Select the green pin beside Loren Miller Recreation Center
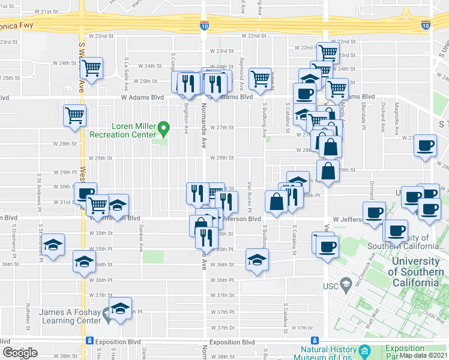(167, 128)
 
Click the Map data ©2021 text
(423, 355)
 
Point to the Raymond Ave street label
(241, 70)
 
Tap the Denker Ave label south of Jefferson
(142, 238)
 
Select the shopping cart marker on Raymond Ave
(260, 78)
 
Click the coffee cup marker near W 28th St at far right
(426, 146)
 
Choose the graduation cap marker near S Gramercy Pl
(53, 244)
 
